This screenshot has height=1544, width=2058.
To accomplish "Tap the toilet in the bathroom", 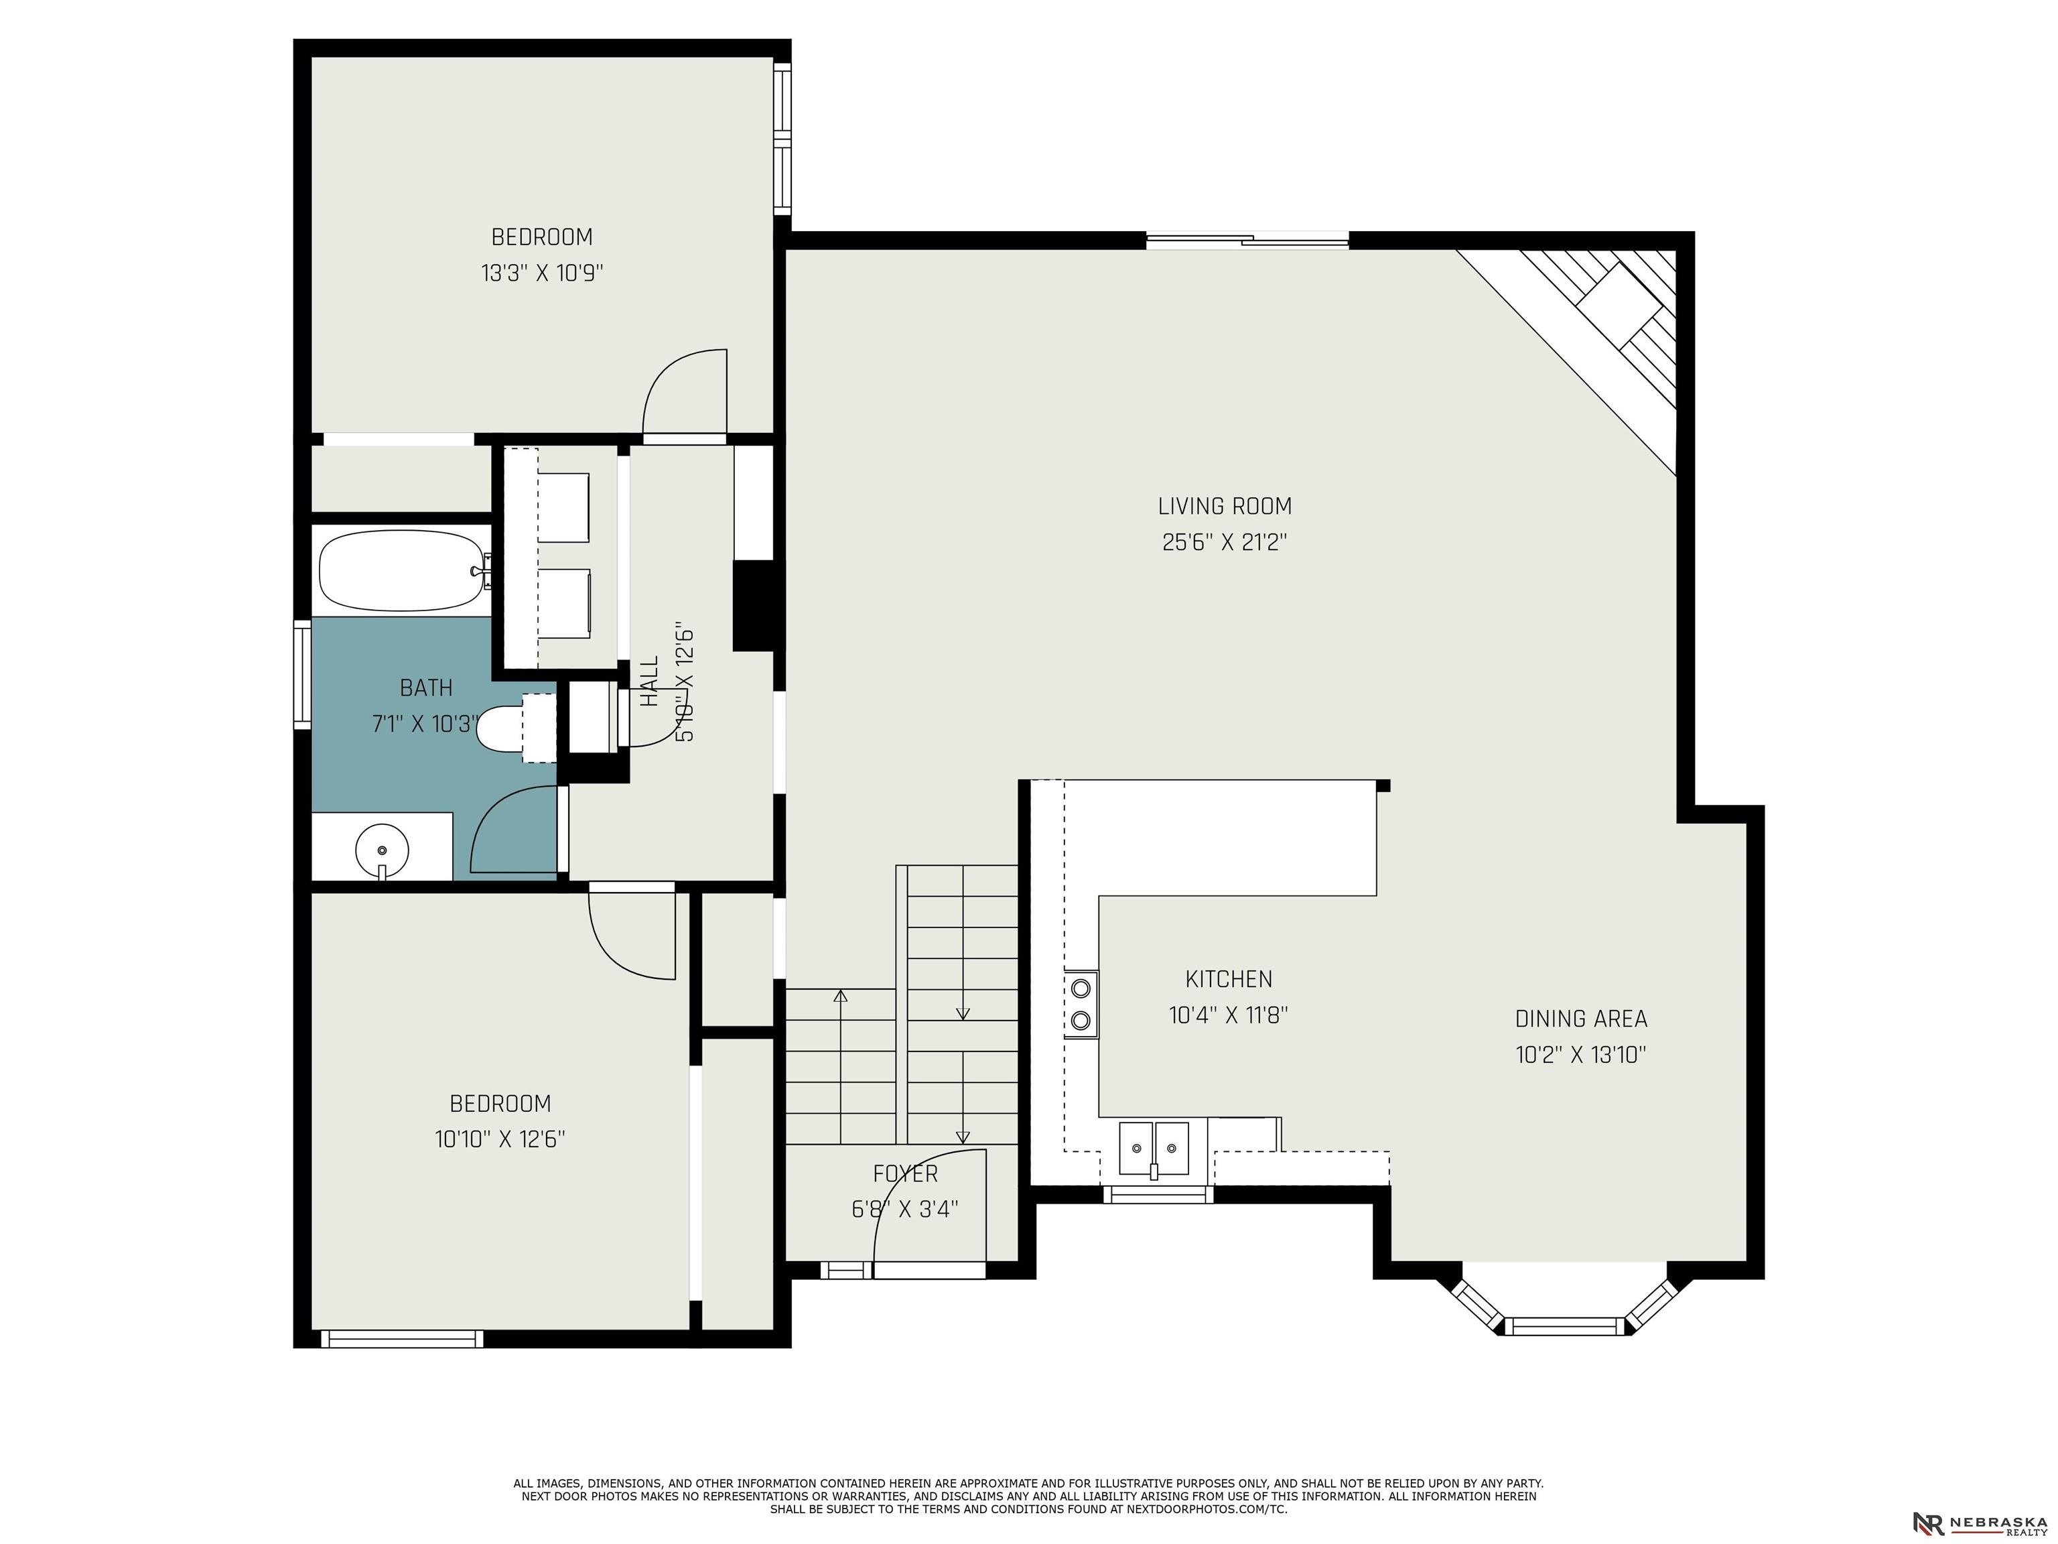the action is (x=515, y=728).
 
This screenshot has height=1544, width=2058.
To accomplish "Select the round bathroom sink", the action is (x=383, y=850).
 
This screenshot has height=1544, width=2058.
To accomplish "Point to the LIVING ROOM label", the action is (x=1225, y=507).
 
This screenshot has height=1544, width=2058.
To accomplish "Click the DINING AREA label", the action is (x=1581, y=1019).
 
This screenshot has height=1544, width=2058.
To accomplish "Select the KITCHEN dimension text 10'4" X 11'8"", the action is (x=1228, y=1015).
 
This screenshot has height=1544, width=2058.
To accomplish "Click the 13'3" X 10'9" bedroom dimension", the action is (x=543, y=273).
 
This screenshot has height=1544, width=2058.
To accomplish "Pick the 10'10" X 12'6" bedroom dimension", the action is (x=500, y=1139).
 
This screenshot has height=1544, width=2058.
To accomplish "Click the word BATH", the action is (x=426, y=688).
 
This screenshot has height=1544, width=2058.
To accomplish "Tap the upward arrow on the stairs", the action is (x=841, y=1066).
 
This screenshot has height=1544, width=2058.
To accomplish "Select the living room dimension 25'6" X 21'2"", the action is (x=1225, y=541).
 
